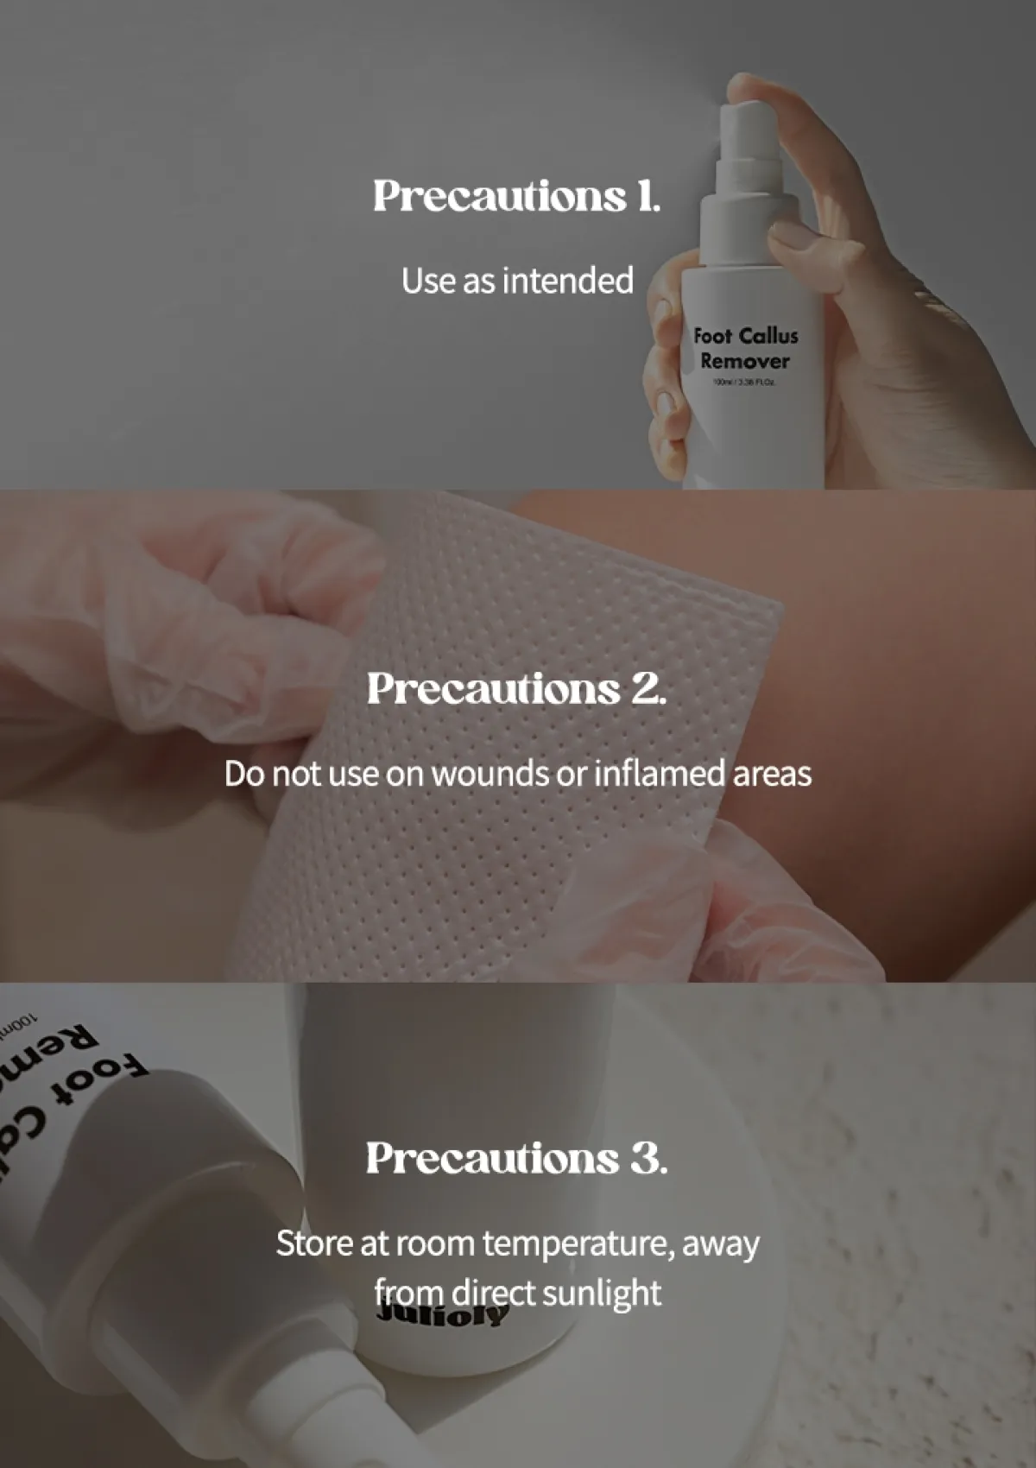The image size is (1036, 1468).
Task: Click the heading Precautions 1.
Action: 516,196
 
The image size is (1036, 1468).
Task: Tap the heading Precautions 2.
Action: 516,689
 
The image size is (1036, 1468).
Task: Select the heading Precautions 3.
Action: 516,1159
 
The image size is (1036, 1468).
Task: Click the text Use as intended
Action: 516,281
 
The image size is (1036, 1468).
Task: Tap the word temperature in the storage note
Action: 578,1244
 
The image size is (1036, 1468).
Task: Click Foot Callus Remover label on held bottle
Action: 745,348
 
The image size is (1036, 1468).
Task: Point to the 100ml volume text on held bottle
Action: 744,382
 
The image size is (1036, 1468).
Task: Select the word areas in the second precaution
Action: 772,774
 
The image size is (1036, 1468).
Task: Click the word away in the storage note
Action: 720,1244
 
